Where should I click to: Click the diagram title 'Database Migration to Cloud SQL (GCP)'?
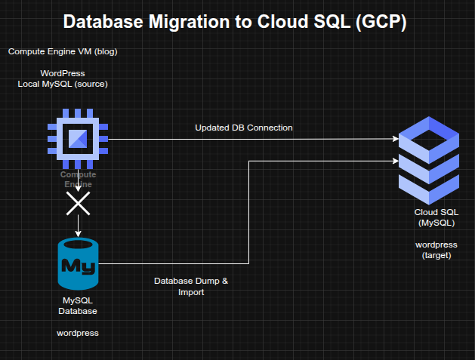(235, 22)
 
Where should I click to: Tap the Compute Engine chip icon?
(79, 139)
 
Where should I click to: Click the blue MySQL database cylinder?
(79, 263)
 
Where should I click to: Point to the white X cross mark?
(79, 202)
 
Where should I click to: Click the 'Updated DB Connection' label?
(243, 128)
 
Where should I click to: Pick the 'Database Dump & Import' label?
(190, 286)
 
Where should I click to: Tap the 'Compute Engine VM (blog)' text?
(63, 51)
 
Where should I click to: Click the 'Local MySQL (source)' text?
(63, 84)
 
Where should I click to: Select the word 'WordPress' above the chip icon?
(63, 73)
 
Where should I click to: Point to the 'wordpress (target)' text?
(435, 250)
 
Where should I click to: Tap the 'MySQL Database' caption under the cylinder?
(78, 305)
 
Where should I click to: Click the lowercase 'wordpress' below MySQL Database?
(78, 332)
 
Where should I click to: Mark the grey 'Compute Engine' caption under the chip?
(78, 179)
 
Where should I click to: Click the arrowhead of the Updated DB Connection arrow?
(395, 139)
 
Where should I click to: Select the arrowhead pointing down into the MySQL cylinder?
(79, 232)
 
